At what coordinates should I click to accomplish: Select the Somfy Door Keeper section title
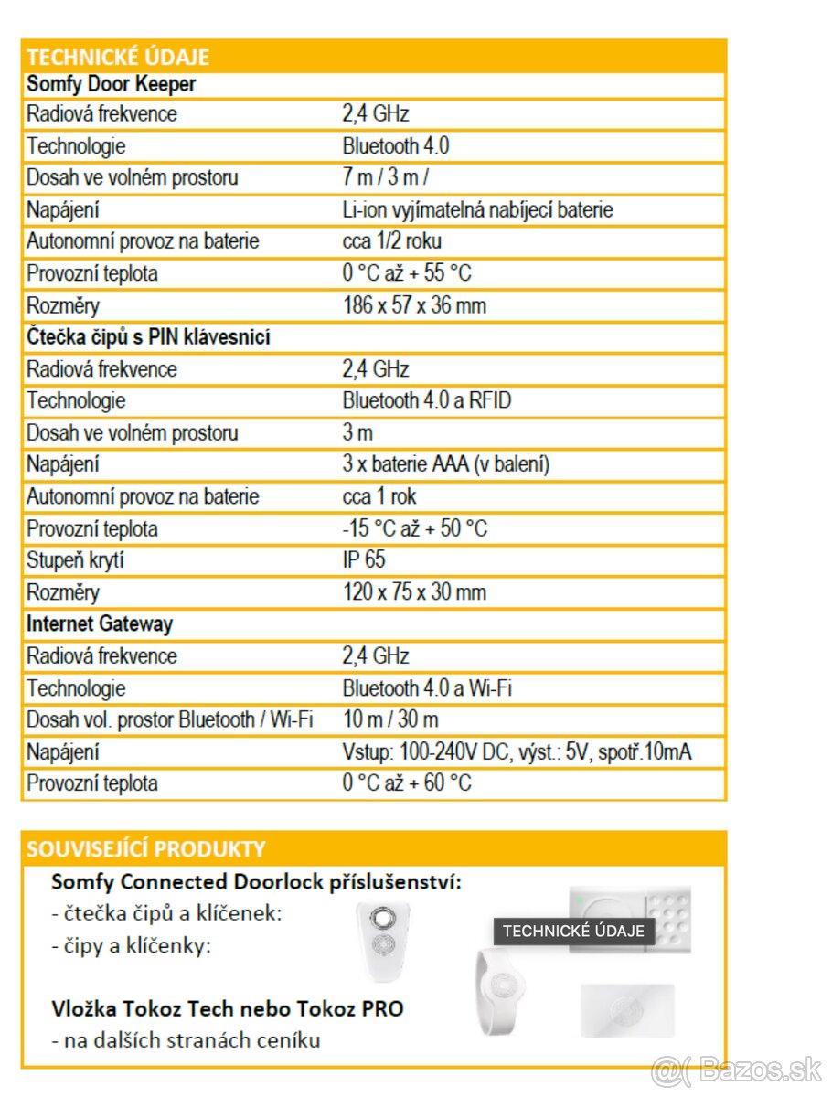pos(112,85)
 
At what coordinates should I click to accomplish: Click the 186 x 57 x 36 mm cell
pos(414,305)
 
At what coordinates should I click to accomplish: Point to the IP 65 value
pos(364,559)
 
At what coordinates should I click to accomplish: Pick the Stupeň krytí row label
pos(75,559)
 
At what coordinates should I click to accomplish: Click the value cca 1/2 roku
pos(391,241)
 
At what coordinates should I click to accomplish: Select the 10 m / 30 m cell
pos(390,719)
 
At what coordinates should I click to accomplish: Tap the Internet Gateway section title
pos(100,624)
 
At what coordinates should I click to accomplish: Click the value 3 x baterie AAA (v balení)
pos(446,464)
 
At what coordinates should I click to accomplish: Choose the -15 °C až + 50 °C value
pos(415,528)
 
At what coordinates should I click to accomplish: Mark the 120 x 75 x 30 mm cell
pos(414,592)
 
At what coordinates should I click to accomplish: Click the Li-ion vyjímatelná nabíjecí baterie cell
pos(477,209)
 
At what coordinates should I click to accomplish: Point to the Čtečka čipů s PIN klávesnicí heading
pos(148,337)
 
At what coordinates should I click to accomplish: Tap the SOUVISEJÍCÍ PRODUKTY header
pos(146,848)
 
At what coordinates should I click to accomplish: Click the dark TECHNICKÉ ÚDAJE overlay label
pos(573,932)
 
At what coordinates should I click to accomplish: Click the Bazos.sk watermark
pos(737,1070)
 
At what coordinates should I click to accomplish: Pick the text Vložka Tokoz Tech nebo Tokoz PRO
pos(228,1009)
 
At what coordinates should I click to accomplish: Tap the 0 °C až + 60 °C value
pos(407,783)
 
